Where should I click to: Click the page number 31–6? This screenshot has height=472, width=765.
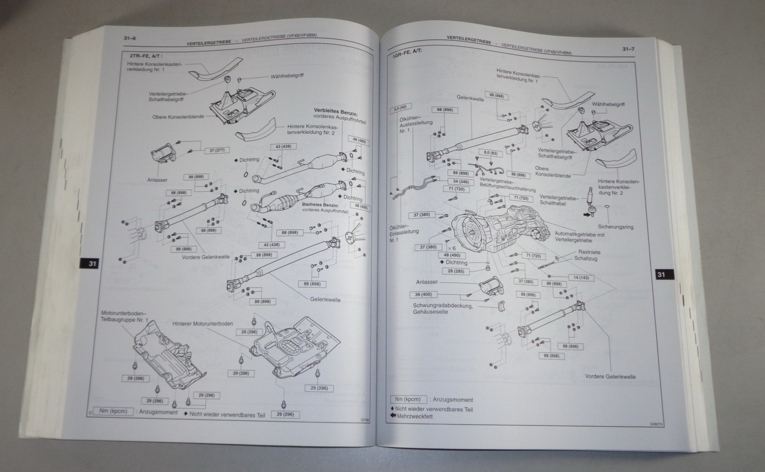click(x=130, y=39)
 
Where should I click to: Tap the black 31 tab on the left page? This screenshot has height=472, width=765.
click(x=92, y=263)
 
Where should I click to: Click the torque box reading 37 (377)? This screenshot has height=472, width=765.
click(x=217, y=150)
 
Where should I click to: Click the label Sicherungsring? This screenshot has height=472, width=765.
click(x=615, y=226)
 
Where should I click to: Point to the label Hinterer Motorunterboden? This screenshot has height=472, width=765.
click(x=203, y=323)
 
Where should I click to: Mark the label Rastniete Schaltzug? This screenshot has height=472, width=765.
click(x=589, y=255)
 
